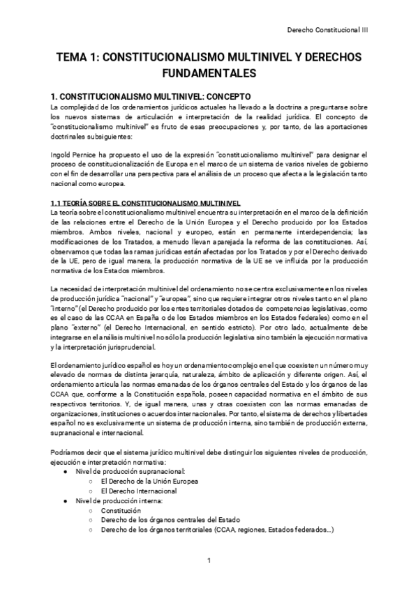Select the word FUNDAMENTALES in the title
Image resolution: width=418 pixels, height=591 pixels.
click(x=209, y=73)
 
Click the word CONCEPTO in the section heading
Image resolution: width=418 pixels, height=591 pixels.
click(x=221, y=95)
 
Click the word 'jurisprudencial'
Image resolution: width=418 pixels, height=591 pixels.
click(x=171, y=327)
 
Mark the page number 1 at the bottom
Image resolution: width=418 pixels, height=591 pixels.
click(x=209, y=560)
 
